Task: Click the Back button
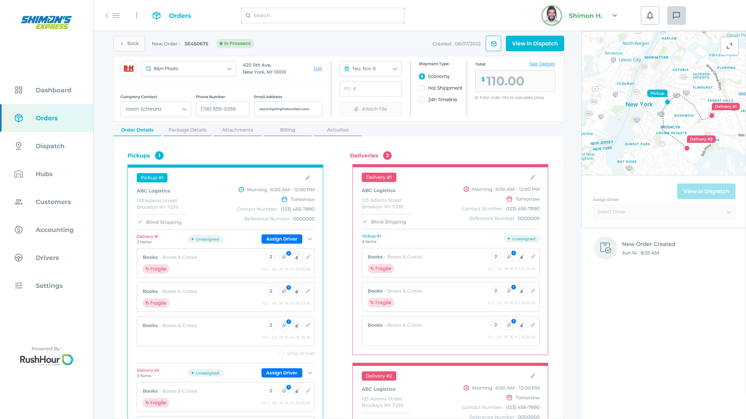point(129,43)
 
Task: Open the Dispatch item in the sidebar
point(50,146)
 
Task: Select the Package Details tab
point(187,130)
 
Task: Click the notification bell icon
point(650,16)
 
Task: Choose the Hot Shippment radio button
point(422,88)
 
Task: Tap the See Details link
point(542,64)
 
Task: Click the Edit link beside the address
point(318,69)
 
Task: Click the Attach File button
point(370,109)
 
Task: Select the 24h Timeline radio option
point(422,100)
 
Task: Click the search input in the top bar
point(322,16)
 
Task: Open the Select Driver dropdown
point(664,212)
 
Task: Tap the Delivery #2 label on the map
point(701,139)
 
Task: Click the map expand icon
point(729,46)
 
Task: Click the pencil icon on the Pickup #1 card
point(308,178)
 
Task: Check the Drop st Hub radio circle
point(281,353)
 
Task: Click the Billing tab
point(288,130)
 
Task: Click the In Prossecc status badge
point(235,43)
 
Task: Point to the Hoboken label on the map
point(625,83)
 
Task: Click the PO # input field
point(370,89)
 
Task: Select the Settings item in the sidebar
point(49,286)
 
